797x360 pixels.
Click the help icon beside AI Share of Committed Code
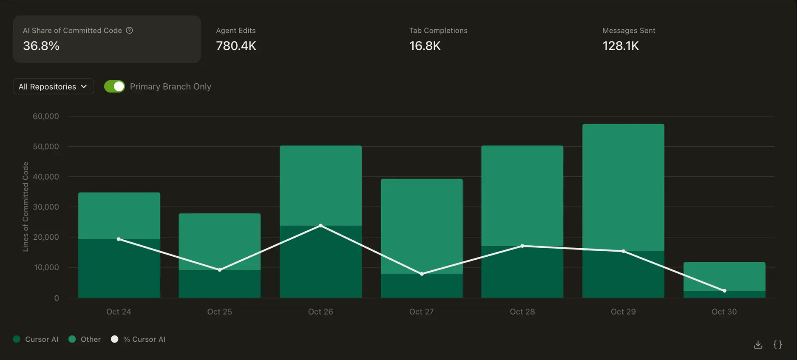pos(130,30)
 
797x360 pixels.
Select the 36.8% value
pos(41,46)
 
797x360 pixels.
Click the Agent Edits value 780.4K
pos(236,46)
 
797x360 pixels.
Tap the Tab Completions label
pos(438,31)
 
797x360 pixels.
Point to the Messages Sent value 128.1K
pos(621,46)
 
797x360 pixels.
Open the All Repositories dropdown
pos(53,87)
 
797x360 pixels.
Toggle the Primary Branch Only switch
pos(114,86)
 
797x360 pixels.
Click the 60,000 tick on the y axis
pos(46,116)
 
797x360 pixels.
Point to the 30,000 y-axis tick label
pos(46,207)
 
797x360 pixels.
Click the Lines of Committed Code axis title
pos(26,207)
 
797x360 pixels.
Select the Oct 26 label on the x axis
pos(321,312)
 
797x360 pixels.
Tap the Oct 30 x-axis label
pos(724,312)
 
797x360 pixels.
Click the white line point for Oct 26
pos(321,226)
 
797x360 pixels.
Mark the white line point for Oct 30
pos(724,291)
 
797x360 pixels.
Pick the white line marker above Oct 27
pos(422,274)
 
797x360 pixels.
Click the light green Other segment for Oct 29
pos(623,187)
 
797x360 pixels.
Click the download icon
pos(758,344)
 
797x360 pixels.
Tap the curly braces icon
pos(778,344)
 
